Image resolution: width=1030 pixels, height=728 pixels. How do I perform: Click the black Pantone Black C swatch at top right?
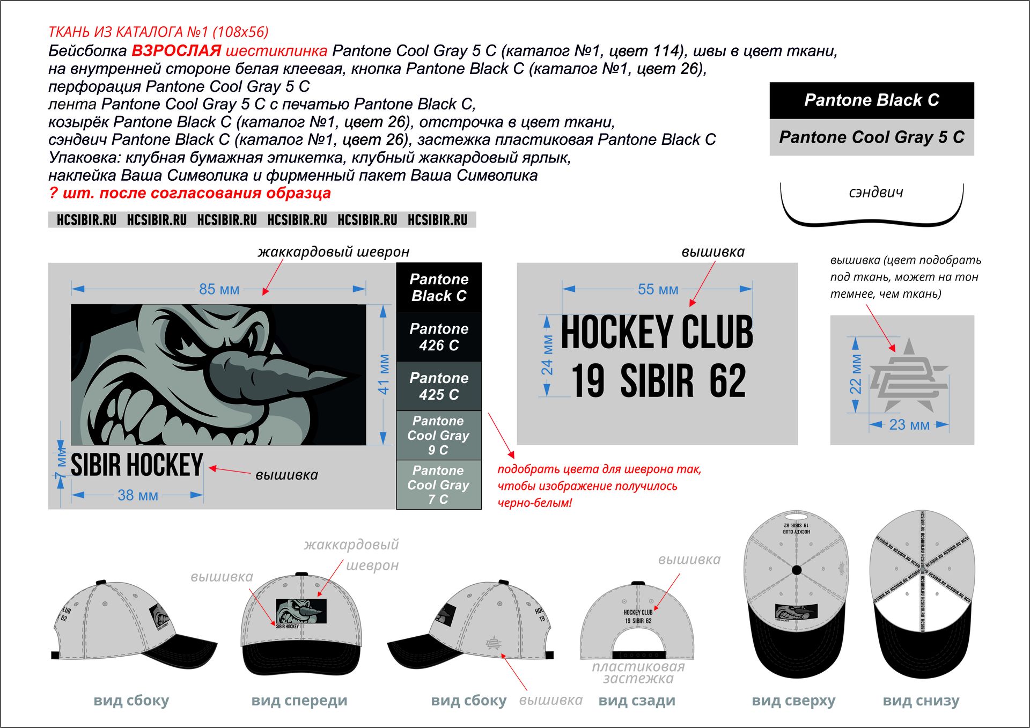tap(871, 100)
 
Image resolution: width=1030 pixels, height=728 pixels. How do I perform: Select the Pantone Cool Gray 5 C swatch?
tap(871, 137)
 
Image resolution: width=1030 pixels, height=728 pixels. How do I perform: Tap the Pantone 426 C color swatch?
tap(439, 337)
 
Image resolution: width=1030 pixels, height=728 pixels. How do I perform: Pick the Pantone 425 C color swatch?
tap(439, 386)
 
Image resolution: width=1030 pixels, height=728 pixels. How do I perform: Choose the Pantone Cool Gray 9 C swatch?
tap(439, 435)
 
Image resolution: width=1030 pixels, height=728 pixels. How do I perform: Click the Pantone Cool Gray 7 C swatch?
tap(439, 484)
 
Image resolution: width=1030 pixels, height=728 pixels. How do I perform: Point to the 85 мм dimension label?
tap(219, 289)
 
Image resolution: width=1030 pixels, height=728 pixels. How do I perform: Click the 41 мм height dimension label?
tap(384, 374)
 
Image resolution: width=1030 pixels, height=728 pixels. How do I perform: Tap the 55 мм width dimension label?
tap(658, 289)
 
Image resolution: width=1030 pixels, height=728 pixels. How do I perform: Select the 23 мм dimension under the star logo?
tap(909, 425)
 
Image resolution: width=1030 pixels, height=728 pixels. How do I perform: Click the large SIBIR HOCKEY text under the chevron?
tap(137, 465)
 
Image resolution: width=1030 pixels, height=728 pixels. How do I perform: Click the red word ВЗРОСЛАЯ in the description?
tap(176, 51)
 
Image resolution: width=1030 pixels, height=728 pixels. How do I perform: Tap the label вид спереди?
tap(299, 701)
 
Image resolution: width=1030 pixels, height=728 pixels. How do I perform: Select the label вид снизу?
tap(921, 701)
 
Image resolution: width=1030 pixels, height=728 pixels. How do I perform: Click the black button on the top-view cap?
tap(797, 570)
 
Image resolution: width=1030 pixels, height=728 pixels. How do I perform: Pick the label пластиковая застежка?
tap(638, 673)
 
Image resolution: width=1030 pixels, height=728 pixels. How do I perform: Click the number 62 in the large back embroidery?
tap(727, 381)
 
